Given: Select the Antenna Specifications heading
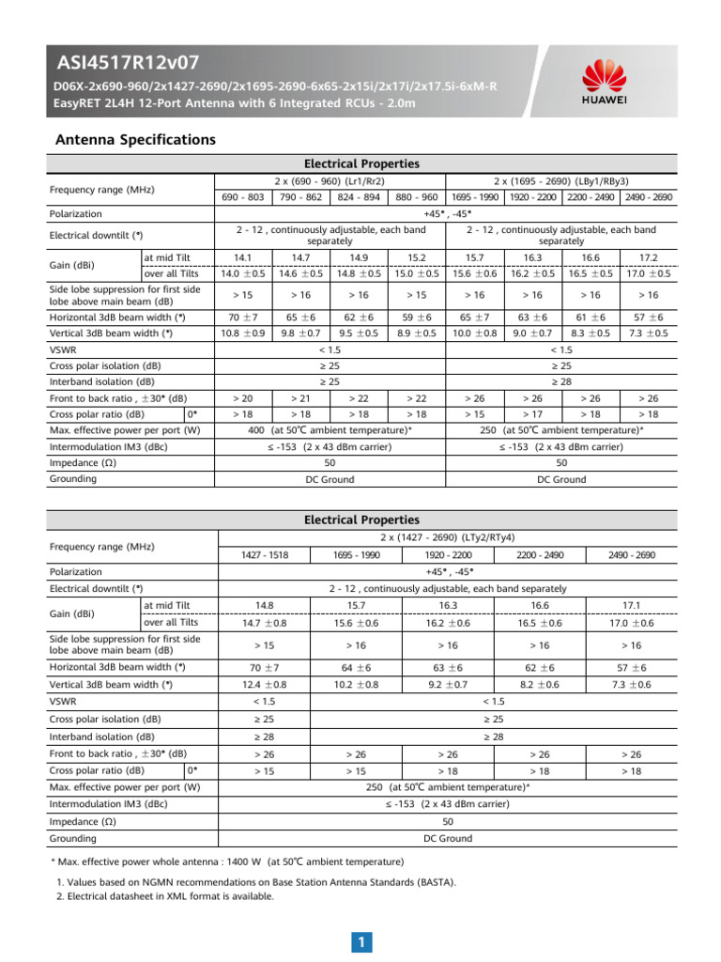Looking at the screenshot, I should (135, 140).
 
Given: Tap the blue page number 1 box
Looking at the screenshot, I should (360, 941).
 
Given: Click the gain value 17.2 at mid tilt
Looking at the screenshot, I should (649, 256).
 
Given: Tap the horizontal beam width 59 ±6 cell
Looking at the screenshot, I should (417, 318).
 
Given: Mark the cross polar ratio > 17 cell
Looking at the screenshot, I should (532, 413).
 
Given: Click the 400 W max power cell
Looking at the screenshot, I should (330, 429).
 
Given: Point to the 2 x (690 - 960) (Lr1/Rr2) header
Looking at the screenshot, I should (330, 180).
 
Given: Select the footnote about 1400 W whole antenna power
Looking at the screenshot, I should (227, 861).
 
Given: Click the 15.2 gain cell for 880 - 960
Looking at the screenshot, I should (417, 256).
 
